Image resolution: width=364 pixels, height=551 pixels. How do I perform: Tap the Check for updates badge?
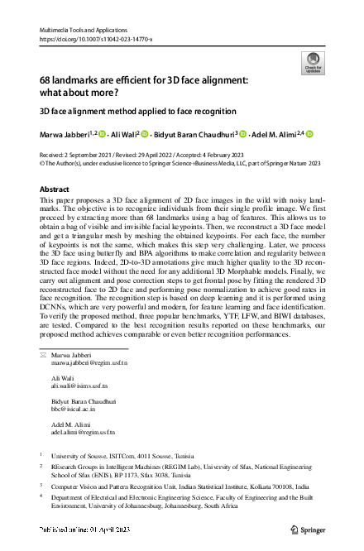[312, 62]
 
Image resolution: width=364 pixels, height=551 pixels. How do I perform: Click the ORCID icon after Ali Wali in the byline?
[143, 134]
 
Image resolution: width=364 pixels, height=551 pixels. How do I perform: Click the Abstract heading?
[55, 189]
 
